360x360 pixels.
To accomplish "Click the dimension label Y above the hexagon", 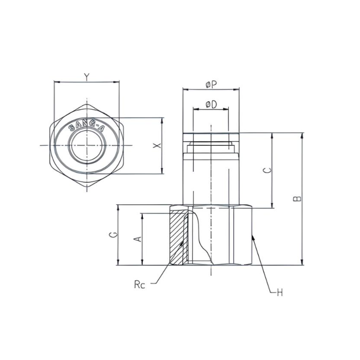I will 86,76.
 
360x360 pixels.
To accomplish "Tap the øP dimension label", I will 210,84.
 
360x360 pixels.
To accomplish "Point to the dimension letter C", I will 266,171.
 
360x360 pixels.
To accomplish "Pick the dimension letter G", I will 112,235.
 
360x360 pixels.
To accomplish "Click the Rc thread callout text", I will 139,285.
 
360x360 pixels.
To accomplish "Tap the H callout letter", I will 280,292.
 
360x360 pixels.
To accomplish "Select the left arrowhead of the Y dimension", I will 56,82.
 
